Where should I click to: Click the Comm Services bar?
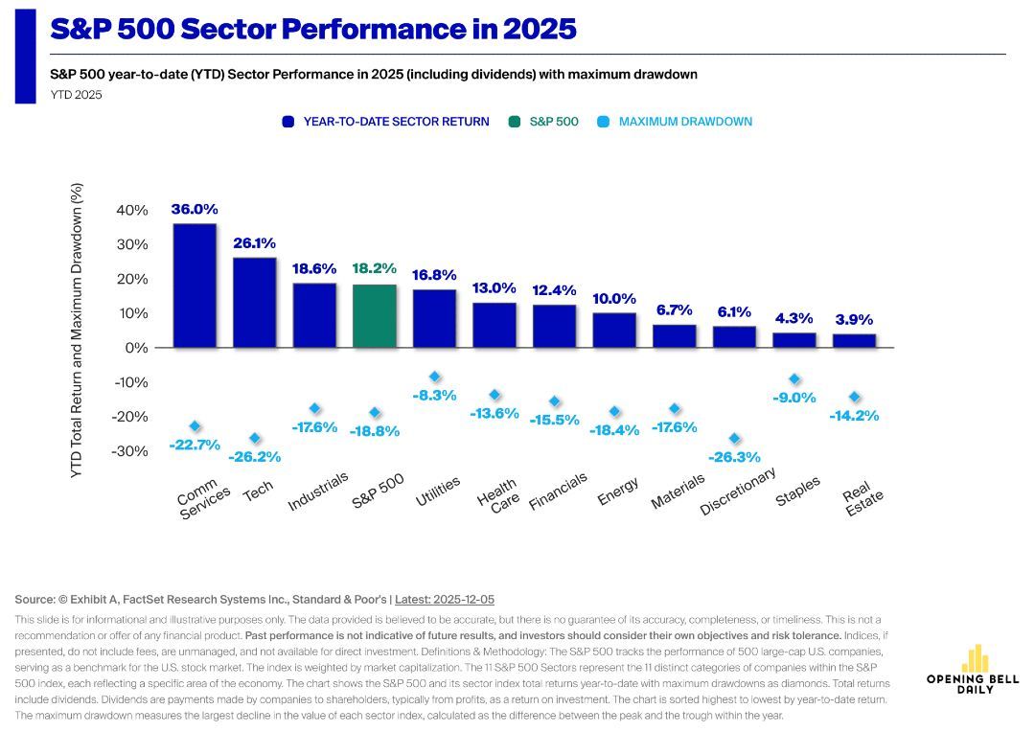tap(195, 286)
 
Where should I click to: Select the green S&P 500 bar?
tap(374, 315)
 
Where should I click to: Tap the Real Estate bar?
tap(854, 340)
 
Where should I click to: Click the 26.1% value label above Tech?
tap(254, 243)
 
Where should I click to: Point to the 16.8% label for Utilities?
tap(434, 275)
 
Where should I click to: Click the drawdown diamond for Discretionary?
tap(734, 439)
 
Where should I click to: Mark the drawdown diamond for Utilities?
tap(434, 377)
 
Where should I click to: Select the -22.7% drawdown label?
tap(195, 445)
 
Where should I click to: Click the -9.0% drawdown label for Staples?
tap(794, 398)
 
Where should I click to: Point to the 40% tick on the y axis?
tap(131, 210)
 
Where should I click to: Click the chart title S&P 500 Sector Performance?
tap(312, 29)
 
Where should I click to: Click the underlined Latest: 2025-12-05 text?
tap(445, 599)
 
